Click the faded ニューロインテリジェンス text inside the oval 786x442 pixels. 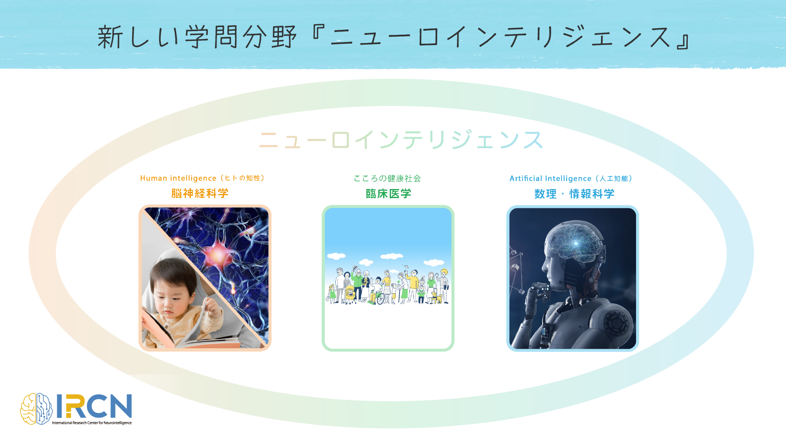pos(401,140)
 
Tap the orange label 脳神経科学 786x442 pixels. pos(200,193)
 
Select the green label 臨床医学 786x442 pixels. pos(388,194)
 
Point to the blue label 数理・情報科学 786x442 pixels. pos(574,194)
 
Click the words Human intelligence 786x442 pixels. pos(178,178)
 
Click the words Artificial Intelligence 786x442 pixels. pos(550,178)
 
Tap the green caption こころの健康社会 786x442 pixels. pos(387,178)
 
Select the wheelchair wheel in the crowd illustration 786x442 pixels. pos(380,299)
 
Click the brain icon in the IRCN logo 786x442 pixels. pos(36,408)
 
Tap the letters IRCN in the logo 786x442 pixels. pos(94,406)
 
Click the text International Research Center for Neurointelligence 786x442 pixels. pos(92,423)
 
